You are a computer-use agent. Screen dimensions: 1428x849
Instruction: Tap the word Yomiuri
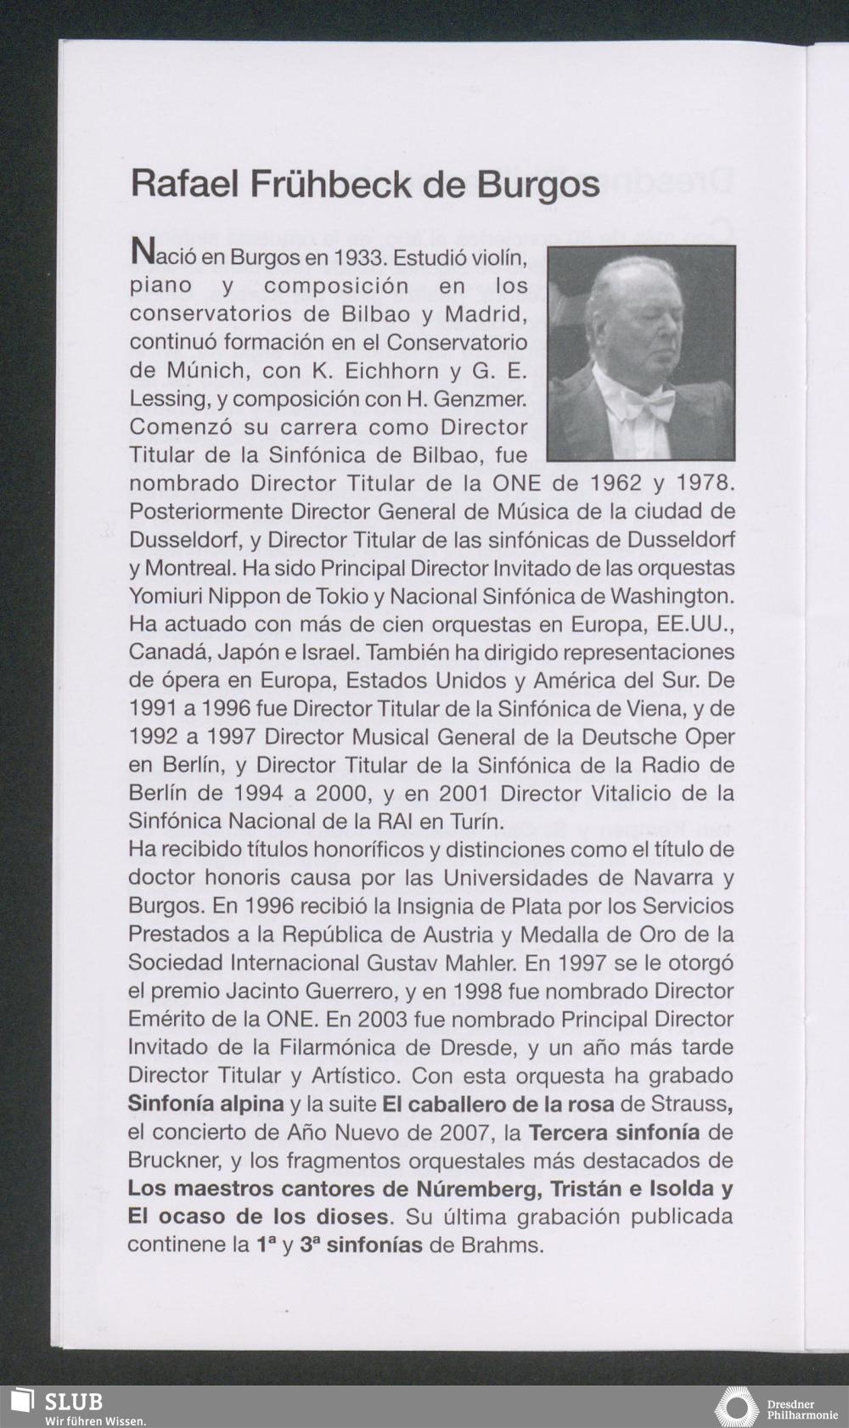pos(167,596)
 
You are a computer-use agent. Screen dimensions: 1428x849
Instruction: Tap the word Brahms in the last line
pos(498,1245)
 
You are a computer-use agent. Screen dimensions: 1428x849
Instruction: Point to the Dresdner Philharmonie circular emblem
pos(737,1407)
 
